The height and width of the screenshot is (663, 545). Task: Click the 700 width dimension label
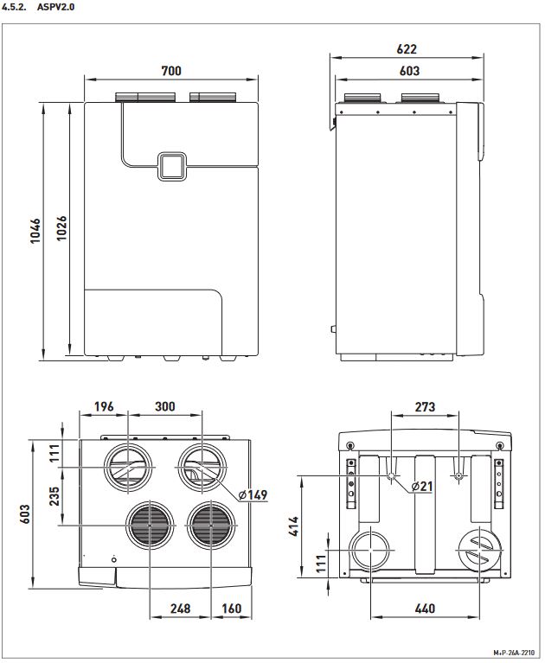171,70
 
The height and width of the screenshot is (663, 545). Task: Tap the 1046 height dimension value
35,231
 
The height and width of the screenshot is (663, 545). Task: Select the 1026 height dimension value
61,228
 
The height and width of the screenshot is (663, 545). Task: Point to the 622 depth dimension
407,49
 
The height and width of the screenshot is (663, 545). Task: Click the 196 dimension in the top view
104,406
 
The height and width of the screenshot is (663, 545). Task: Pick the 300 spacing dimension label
164,406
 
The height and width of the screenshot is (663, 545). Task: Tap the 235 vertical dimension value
54,496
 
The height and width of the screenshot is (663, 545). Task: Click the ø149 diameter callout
253,494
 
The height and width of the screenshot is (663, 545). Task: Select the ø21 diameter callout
422,487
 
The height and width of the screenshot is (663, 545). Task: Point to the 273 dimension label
425,407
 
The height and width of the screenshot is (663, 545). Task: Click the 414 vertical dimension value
293,526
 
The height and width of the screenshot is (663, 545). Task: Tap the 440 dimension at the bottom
425,609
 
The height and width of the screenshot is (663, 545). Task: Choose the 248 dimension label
180,609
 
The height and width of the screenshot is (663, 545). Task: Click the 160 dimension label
232,609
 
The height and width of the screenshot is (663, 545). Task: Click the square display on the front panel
172,166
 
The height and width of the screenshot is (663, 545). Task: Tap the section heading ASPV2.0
56,7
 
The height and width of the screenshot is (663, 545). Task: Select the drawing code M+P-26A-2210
513,653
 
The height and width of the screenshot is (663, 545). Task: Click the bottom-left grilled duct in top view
151,526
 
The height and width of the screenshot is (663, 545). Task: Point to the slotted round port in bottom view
480,551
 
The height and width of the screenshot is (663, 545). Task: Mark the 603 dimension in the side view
409,71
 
